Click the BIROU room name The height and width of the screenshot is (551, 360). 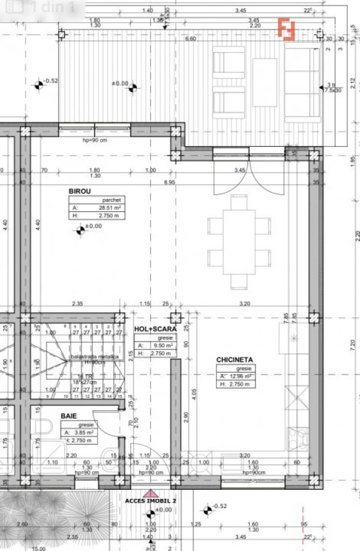pyautogui.click(x=80, y=191)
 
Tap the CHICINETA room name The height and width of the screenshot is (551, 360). pyautogui.click(x=234, y=360)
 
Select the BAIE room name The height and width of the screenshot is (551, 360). pyautogui.click(x=69, y=416)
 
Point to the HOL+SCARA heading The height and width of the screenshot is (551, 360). pyautogui.click(x=155, y=329)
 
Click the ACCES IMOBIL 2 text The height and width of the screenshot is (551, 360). pyautogui.click(x=150, y=500)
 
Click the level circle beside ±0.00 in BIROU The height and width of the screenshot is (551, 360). pyautogui.click(x=80, y=230)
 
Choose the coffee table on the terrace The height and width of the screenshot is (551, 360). pyautogui.click(x=264, y=82)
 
